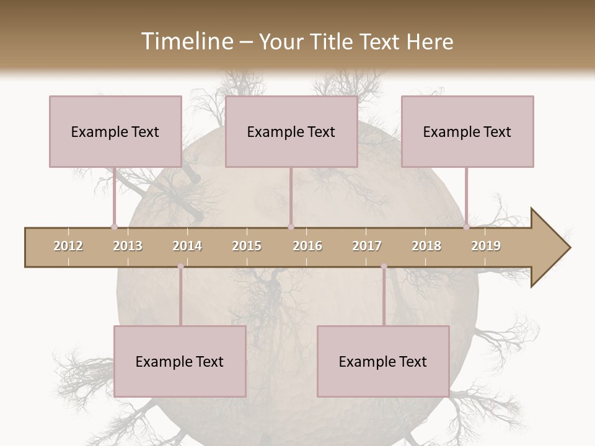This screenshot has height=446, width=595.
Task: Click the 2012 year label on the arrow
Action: tap(68, 246)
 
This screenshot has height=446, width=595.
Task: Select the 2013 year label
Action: tap(128, 246)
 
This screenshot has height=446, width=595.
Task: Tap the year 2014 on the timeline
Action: tap(187, 246)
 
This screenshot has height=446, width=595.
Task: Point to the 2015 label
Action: tap(247, 246)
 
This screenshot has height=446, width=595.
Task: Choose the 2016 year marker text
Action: tap(307, 246)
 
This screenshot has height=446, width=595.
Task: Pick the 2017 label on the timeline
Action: tap(367, 246)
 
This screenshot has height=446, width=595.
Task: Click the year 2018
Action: tap(426, 246)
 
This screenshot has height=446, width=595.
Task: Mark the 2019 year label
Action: tap(486, 246)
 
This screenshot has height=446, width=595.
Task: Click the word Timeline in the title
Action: tap(186, 42)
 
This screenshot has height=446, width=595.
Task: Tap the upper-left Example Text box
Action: tap(115, 131)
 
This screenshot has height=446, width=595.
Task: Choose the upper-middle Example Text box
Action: tap(291, 131)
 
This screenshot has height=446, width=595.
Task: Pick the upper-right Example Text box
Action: tap(467, 131)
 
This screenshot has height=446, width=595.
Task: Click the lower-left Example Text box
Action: tap(180, 361)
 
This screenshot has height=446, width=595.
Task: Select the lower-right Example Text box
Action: tap(383, 361)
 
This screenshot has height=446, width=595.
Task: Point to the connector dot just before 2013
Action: tap(114, 227)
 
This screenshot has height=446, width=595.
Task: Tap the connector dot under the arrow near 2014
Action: tap(180, 266)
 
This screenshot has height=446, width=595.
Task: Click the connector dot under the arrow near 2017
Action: tap(384, 266)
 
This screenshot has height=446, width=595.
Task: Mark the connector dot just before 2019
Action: tap(466, 227)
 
